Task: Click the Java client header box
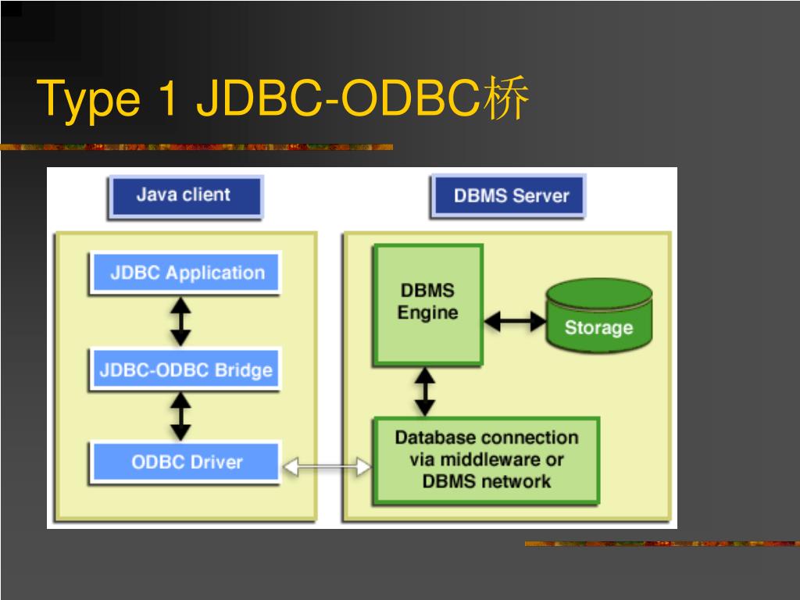185,197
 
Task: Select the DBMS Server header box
508,196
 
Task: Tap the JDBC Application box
186,273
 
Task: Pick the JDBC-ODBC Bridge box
186,370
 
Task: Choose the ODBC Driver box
186,462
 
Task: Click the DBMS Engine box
428,305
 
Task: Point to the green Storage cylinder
599,316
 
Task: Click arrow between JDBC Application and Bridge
180,322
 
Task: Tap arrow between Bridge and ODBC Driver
180,416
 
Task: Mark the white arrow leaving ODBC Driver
327,466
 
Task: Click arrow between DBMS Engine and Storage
514,321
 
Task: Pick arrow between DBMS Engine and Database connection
425,392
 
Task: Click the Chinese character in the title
505,98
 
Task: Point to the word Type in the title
88,99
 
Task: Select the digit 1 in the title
169,97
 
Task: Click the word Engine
427,312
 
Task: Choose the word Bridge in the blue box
244,370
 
